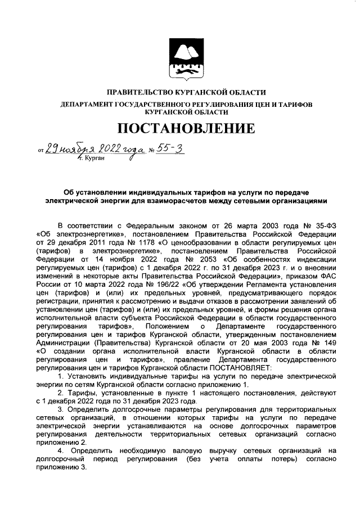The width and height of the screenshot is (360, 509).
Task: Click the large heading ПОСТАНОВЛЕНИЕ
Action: coord(180,128)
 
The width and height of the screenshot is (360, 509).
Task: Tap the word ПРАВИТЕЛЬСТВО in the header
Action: coord(141,92)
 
